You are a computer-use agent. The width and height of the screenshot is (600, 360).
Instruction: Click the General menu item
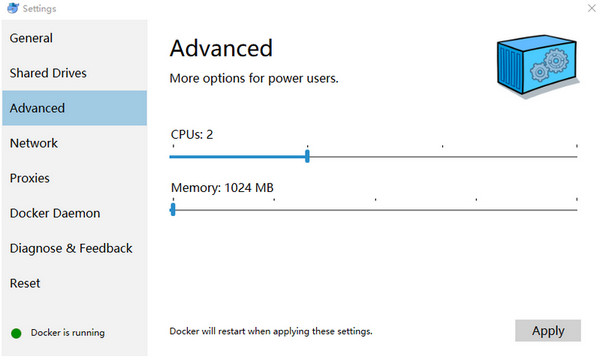31,38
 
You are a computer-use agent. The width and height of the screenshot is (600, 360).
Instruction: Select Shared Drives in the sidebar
48,73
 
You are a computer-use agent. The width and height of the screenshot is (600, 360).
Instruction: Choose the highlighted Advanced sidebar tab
37,108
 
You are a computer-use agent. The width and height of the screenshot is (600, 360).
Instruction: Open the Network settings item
34,143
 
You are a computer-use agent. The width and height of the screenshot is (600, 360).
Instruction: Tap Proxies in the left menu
30,178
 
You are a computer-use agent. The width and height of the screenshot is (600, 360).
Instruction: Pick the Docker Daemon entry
55,213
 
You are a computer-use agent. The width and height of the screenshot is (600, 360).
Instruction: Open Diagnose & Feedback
71,248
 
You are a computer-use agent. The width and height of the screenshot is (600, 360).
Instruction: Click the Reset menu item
25,283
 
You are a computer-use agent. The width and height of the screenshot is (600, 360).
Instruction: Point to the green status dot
16,333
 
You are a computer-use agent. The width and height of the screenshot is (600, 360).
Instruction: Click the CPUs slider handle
307,156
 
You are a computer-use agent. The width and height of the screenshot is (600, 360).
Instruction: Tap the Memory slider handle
173,210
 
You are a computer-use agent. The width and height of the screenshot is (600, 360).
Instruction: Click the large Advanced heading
221,48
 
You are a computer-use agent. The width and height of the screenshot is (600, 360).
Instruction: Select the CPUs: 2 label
192,134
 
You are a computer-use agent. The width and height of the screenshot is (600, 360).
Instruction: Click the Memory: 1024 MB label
222,187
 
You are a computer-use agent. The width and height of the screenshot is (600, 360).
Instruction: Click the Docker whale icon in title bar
10,8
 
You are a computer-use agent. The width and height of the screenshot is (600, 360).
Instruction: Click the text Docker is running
67,333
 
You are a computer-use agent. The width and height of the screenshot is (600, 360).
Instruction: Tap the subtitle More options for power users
254,78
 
